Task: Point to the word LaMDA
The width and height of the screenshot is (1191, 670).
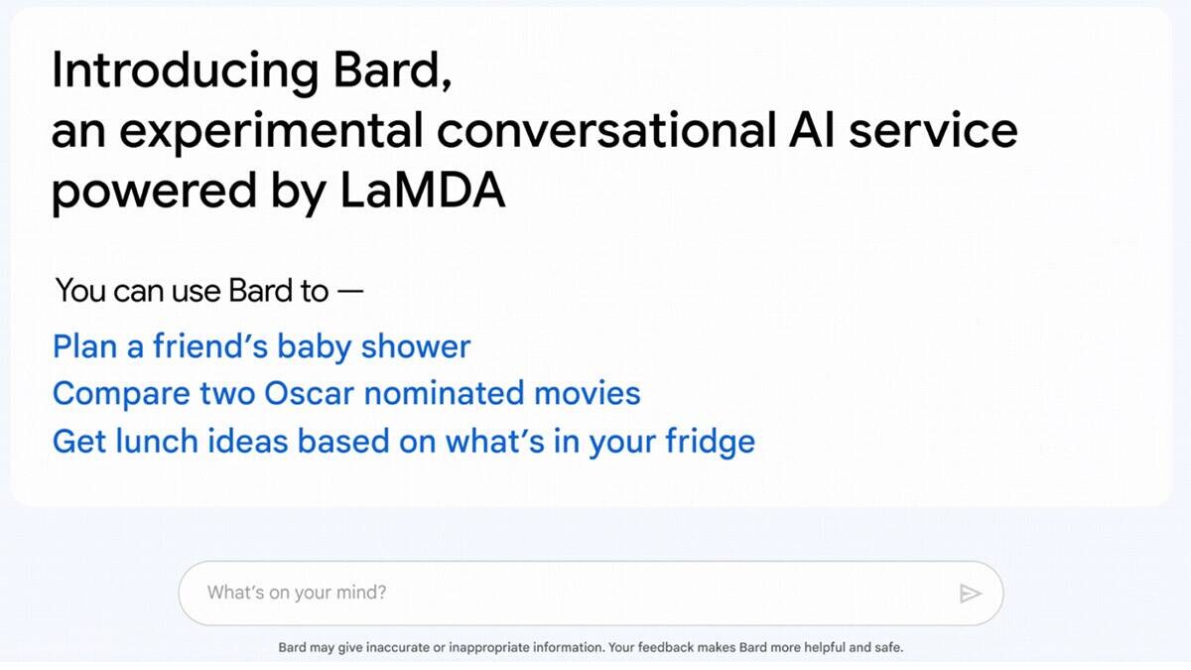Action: coord(423,192)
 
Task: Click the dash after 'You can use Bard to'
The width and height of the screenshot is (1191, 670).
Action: coord(350,292)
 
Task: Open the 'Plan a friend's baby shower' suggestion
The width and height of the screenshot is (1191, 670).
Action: coord(261,346)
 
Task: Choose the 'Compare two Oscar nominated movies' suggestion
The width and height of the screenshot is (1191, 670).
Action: coord(346,393)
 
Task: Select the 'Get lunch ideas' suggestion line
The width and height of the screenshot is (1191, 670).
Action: coord(403,441)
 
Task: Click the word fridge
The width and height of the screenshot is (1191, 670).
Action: coord(711,441)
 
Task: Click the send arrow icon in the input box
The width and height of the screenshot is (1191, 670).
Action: coord(970,594)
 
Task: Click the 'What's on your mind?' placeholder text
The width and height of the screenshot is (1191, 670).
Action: coord(297,593)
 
